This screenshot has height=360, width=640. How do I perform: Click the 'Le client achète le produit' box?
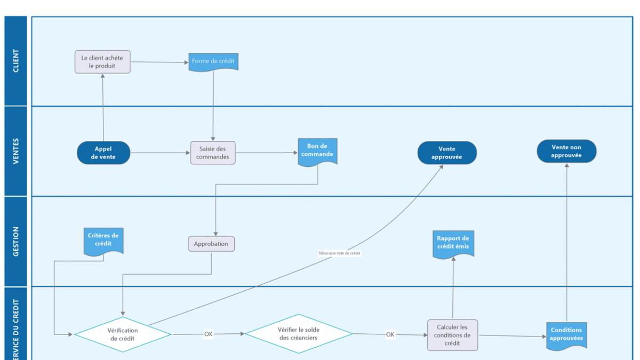click(x=102, y=62)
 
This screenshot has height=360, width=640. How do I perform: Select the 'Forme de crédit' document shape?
click(x=213, y=61)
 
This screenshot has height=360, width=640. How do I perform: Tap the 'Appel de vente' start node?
click(x=103, y=153)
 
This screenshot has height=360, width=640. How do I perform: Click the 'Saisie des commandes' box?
click(x=213, y=153)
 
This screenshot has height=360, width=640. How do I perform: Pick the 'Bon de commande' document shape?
click(x=317, y=151)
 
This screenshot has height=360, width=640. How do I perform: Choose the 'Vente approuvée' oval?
click(x=447, y=153)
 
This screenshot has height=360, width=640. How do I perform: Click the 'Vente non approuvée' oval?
click(x=566, y=151)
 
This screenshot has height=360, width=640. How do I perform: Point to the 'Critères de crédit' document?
click(x=103, y=240)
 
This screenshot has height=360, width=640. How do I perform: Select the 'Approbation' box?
click(x=211, y=244)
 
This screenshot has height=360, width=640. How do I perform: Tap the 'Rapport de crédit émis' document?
click(x=453, y=243)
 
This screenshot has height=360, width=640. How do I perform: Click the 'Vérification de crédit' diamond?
click(x=123, y=334)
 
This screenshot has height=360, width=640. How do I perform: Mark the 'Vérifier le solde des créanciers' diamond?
click(x=299, y=334)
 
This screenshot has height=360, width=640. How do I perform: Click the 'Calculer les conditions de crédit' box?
click(x=452, y=335)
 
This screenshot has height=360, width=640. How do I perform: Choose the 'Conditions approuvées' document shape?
click(x=566, y=334)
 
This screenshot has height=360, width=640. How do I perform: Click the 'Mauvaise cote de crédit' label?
click(x=339, y=253)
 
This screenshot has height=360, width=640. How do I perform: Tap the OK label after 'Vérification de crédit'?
click(x=209, y=334)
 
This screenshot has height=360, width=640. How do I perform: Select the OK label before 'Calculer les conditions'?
click(x=390, y=334)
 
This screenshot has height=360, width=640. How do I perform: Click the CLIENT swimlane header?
click(x=16, y=61)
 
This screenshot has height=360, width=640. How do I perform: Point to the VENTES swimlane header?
click(x=16, y=151)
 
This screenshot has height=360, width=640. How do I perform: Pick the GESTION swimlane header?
click(x=16, y=241)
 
